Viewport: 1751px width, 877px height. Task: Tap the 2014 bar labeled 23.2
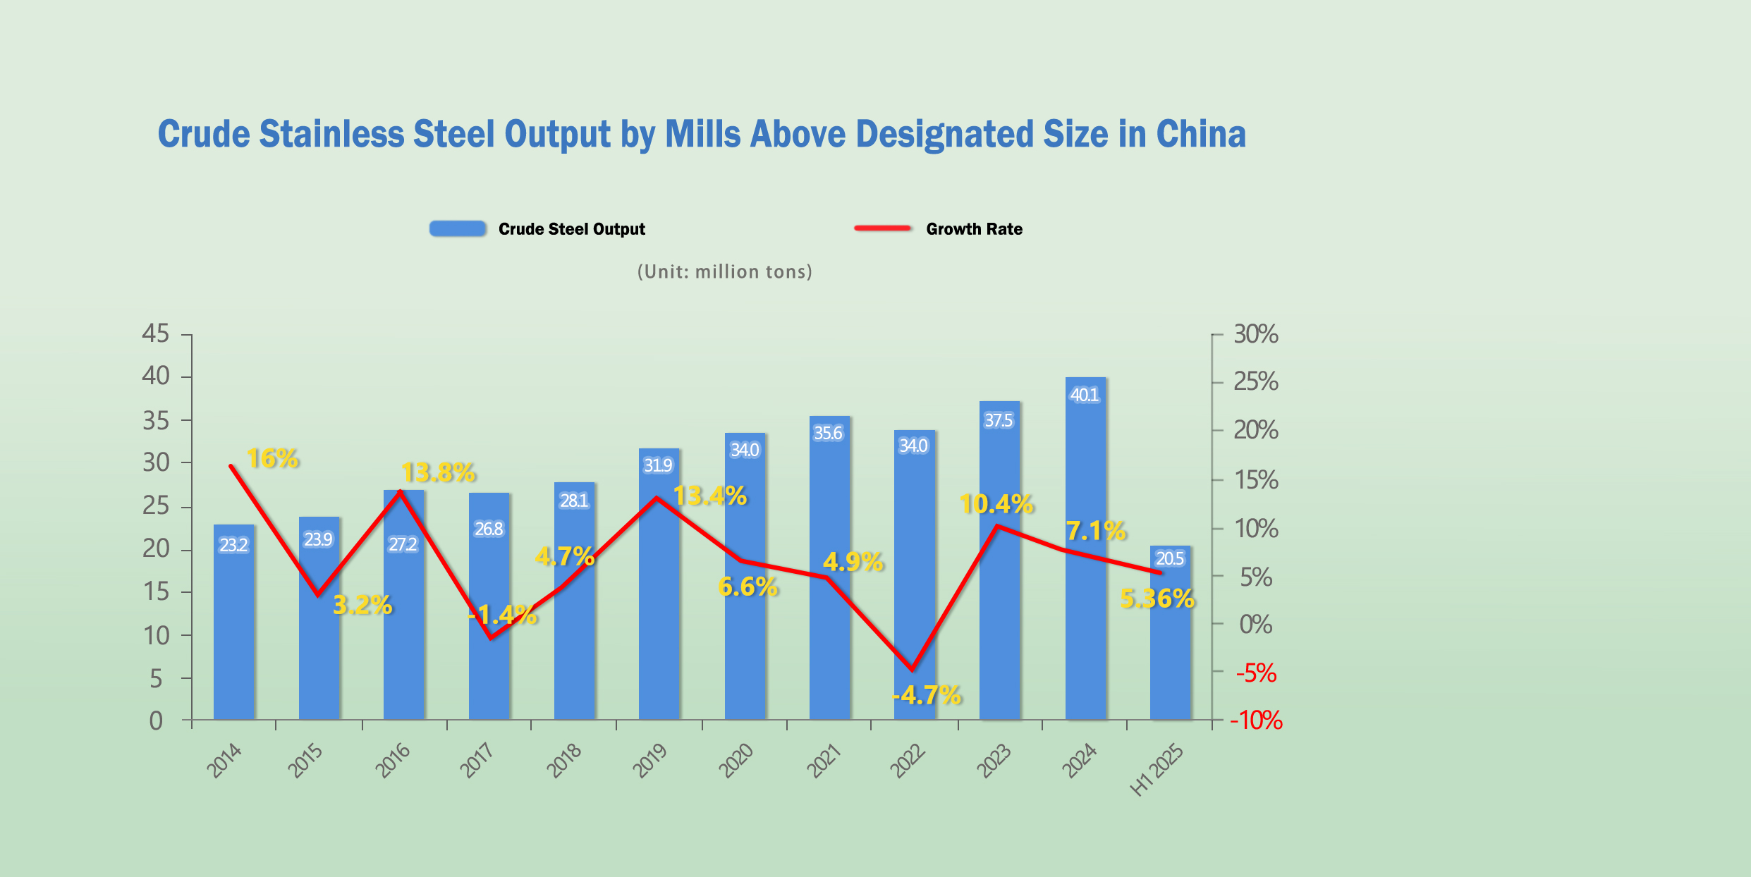[x=233, y=627]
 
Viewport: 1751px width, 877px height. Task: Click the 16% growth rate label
[x=273, y=459]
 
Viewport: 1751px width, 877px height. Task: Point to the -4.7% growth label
[x=927, y=695]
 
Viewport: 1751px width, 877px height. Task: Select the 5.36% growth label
[x=1157, y=599]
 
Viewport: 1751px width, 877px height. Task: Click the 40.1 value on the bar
[x=1085, y=395]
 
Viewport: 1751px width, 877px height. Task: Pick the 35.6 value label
[x=828, y=433]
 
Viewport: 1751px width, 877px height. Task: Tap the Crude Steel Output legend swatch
[x=458, y=228]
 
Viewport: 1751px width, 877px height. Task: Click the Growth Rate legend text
[x=974, y=229]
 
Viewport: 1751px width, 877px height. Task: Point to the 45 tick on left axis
[x=156, y=333]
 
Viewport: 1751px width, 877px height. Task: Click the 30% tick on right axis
[x=1255, y=334]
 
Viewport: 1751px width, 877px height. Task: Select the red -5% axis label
[x=1256, y=673]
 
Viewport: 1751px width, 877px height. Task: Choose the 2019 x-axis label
[x=650, y=761]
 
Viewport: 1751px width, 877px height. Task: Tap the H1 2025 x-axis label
[x=1157, y=770]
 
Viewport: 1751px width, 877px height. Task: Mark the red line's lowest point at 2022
[x=913, y=669]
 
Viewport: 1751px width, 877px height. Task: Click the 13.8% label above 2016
[x=438, y=472]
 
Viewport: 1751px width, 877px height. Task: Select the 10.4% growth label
[x=996, y=504]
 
